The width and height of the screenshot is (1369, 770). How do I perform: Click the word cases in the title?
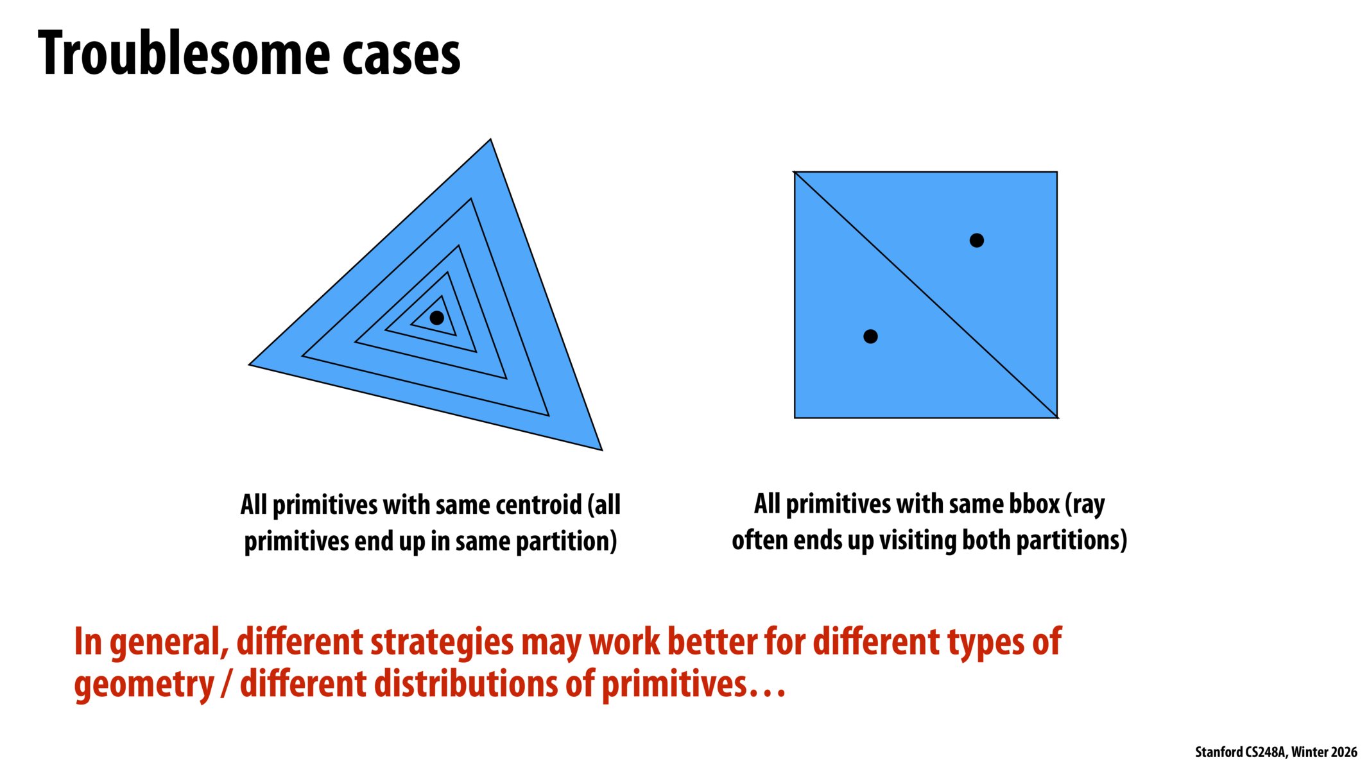[401, 55]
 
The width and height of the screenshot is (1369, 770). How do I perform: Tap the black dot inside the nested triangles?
[437, 318]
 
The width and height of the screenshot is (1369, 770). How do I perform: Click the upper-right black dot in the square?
[976, 241]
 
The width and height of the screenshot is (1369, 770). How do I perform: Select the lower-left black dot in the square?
[870, 336]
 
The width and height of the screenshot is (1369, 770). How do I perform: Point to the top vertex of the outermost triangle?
[490, 140]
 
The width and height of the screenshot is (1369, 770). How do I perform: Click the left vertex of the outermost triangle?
[250, 364]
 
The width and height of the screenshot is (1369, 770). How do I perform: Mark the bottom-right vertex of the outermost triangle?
[601, 449]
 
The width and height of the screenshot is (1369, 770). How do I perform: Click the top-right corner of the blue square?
[1056, 173]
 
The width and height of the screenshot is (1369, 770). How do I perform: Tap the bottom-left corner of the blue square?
[795, 417]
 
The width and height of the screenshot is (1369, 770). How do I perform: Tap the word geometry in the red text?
[144, 684]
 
